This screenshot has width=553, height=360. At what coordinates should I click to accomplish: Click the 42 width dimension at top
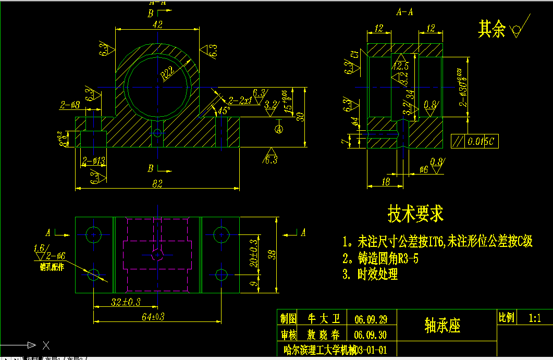pos(156,24)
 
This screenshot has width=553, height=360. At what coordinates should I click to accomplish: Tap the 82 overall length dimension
pos(157,183)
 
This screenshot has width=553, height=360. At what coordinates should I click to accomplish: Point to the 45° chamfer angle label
pos(223,110)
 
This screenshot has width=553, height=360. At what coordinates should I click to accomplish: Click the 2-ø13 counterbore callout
pos(94,161)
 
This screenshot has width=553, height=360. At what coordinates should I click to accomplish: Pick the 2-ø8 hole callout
pos(70,105)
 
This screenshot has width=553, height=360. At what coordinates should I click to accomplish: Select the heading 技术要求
pos(415,213)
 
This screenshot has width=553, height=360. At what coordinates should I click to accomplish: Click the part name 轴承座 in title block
pos(443,326)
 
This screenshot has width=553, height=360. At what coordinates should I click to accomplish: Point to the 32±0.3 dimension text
pos(126,302)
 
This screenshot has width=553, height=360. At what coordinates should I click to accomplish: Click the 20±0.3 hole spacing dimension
pos(253,253)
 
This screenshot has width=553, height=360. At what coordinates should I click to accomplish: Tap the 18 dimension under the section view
pos(386,181)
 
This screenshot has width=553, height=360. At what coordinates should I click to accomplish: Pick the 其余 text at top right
pos(491,30)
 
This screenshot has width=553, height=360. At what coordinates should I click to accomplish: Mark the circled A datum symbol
pos(279,127)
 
